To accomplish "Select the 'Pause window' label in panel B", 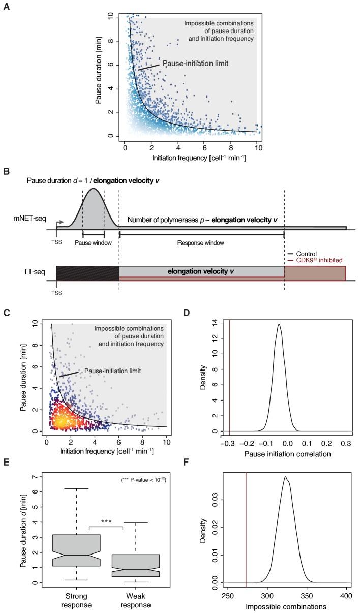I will pyautogui.click(x=93, y=243).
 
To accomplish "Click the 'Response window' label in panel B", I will pyautogui.click(x=201, y=243).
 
